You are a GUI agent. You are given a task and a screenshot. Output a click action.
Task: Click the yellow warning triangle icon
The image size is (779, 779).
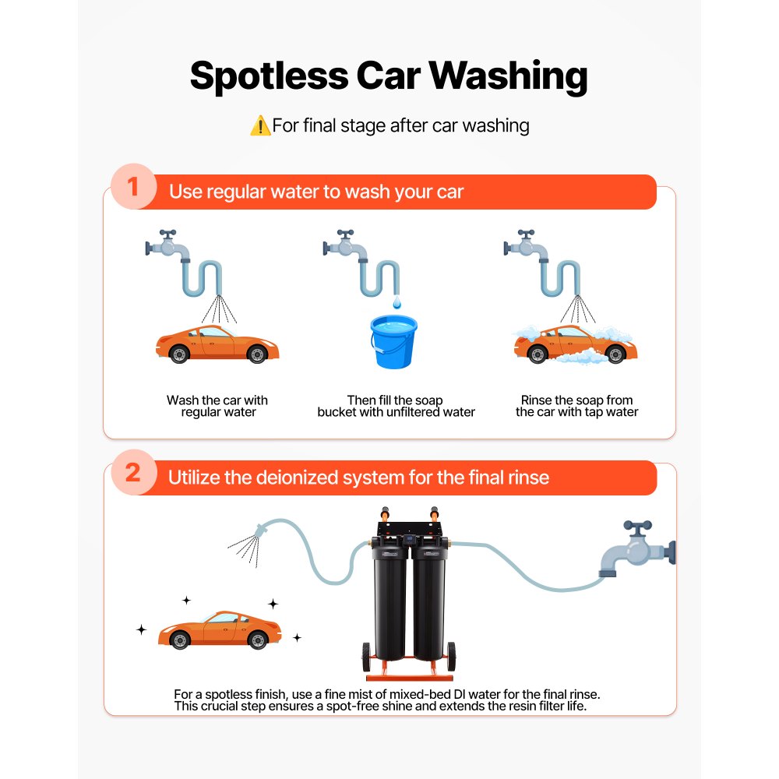point(260,125)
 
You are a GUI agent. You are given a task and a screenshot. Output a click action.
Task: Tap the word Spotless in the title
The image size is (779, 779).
point(270,76)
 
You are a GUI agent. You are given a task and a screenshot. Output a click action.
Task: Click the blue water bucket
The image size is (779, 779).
point(393,342)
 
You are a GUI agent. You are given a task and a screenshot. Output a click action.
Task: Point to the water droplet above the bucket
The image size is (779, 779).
point(397,302)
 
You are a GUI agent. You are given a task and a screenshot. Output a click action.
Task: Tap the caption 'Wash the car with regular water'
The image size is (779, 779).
point(217,406)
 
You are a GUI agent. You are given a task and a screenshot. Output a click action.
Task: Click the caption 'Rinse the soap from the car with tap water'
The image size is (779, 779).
point(576,406)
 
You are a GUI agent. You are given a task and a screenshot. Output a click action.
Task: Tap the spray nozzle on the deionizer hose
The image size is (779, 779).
point(261,530)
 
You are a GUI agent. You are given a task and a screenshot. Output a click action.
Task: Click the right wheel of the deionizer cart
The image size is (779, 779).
point(452,657)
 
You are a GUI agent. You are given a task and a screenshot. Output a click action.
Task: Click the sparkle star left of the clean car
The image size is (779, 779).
point(142,629)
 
